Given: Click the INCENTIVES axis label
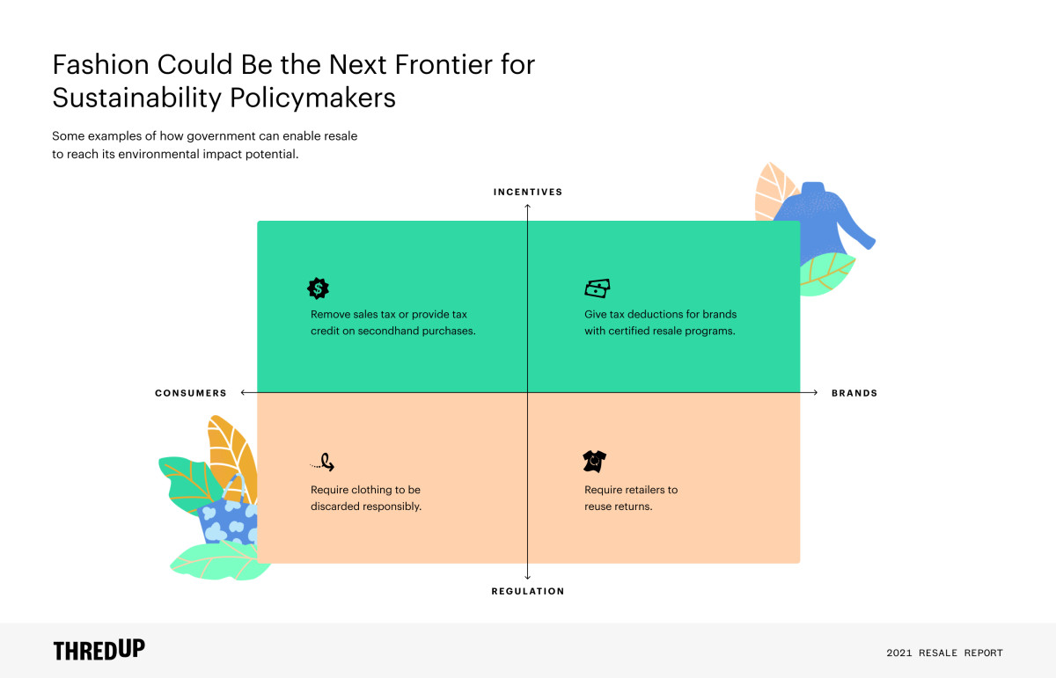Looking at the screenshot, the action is (x=527, y=192).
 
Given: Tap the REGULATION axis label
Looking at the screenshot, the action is (x=527, y=591).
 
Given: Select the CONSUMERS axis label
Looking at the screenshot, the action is (x=191, y=393).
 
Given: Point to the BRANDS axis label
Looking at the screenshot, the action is (x=854, y=393).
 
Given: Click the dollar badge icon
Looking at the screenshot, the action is (x=318, y=288).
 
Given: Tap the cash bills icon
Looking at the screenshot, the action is (x=598, y=288).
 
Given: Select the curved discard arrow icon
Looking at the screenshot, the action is (x=322, y=463).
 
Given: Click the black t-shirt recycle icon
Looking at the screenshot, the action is (x=595, y=462).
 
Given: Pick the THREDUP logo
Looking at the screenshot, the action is (x=99, y=650).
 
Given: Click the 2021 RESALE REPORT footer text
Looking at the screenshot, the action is (x=944, y=652).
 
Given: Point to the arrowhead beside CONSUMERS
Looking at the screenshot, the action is (x=243, y=392).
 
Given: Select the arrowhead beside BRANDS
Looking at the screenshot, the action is (x=815, y=392).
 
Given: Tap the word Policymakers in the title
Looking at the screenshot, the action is (x=312, y=98).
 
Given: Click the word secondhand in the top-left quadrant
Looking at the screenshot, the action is (x=388, y=331).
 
